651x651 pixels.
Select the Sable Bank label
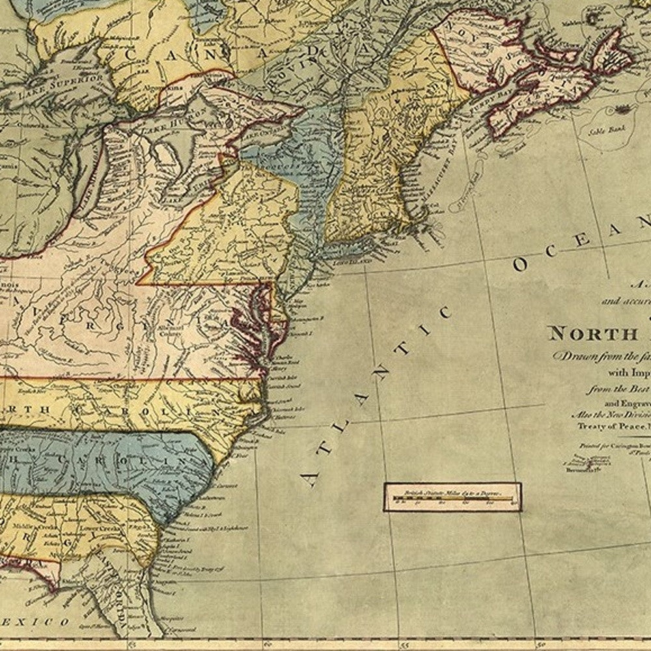tap(607, 130)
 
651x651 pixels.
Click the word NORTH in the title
tap(583, 334)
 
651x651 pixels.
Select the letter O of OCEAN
tap(521, 264)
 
